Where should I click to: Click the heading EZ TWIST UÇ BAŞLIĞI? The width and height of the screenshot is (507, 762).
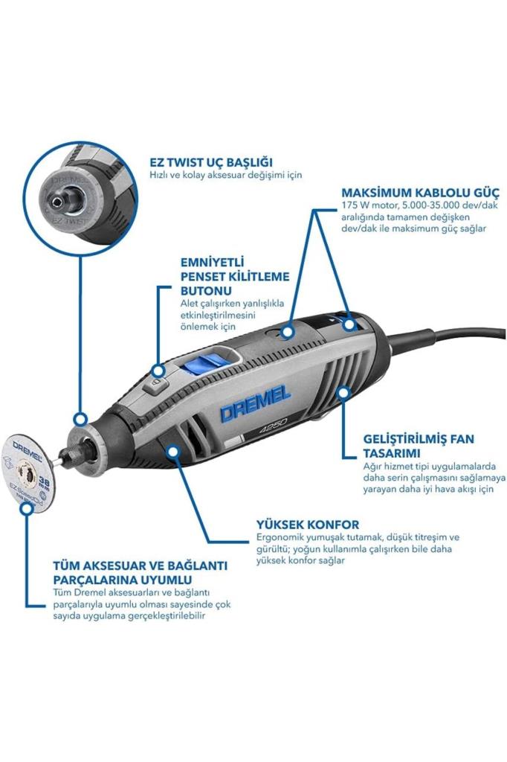pos(210,161)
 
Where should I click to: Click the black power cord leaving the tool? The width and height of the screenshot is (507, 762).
pos(453,339)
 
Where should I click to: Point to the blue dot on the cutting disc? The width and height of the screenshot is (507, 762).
pos(29,509)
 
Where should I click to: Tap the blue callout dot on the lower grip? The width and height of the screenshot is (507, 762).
pos(173,449)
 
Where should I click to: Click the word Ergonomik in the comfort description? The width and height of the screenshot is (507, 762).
pos(280,537)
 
